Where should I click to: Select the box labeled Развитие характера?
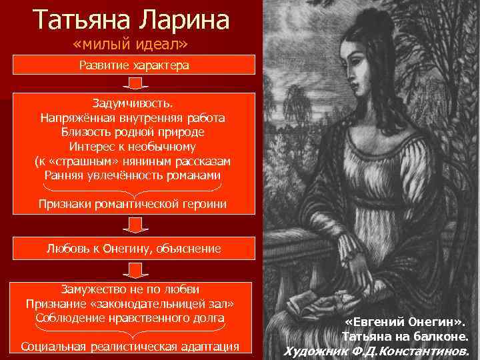pos(134,65)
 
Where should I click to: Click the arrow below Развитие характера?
pos(134,83)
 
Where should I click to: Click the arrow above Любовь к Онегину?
pos(134,227)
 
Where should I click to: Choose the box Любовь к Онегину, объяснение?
pos(134,248)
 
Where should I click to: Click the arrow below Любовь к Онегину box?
pos(134,269)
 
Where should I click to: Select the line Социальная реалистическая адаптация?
pos(130,346)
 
